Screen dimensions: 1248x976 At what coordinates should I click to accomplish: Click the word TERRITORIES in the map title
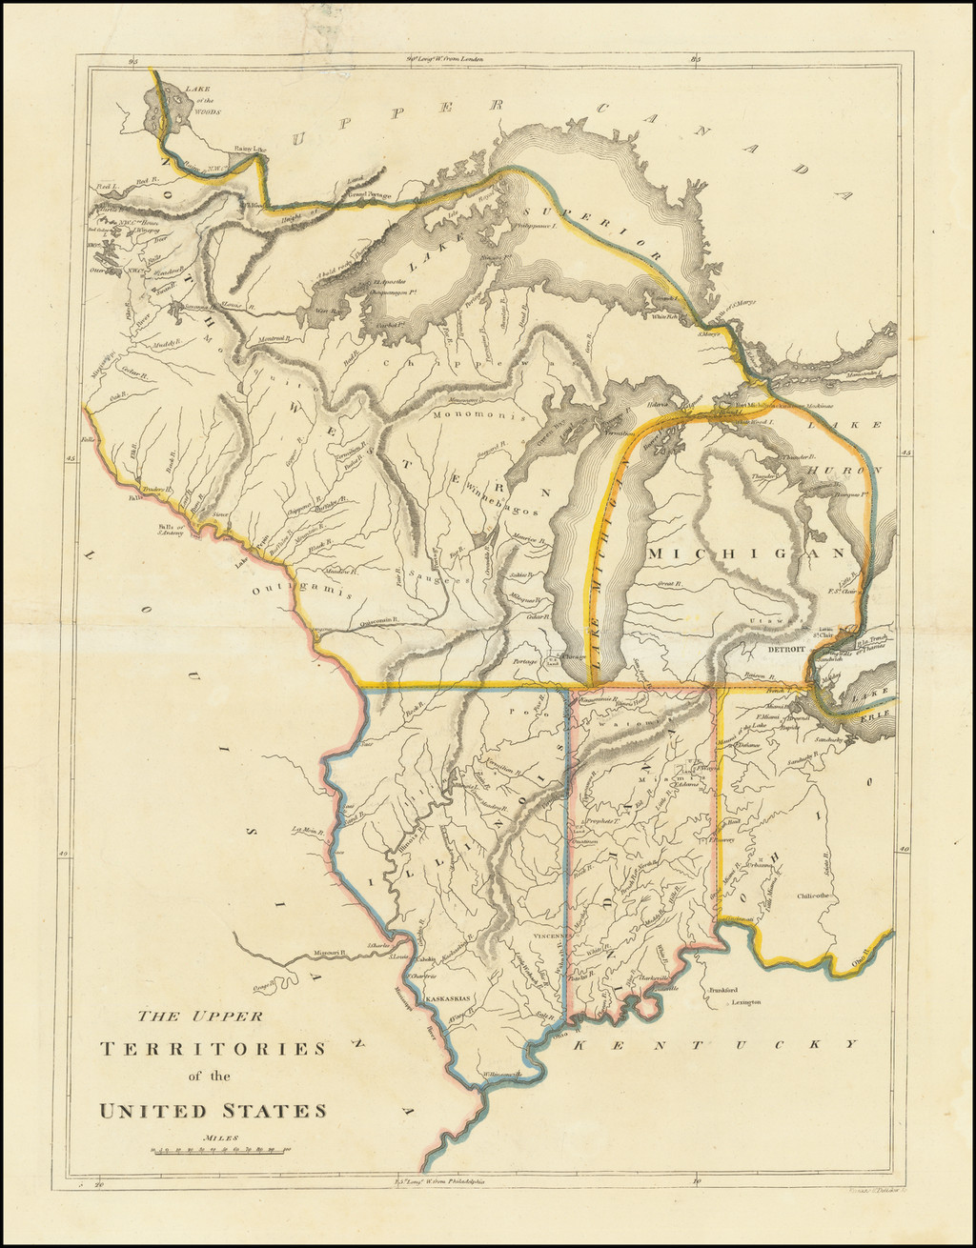coord(213,1049)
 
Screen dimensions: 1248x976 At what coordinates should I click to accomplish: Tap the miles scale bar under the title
coord(220,1151)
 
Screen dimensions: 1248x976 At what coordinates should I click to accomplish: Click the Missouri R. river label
coord(329,953)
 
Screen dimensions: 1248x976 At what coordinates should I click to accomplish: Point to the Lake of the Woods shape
coord(168,111)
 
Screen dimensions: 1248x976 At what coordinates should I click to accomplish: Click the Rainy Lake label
coord(250,149)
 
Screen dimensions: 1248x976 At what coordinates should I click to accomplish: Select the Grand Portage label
coord(344,194)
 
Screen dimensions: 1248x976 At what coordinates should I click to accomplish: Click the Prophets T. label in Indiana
coord(604,821)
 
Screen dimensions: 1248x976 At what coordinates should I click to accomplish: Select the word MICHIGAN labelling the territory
coord(746,554)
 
